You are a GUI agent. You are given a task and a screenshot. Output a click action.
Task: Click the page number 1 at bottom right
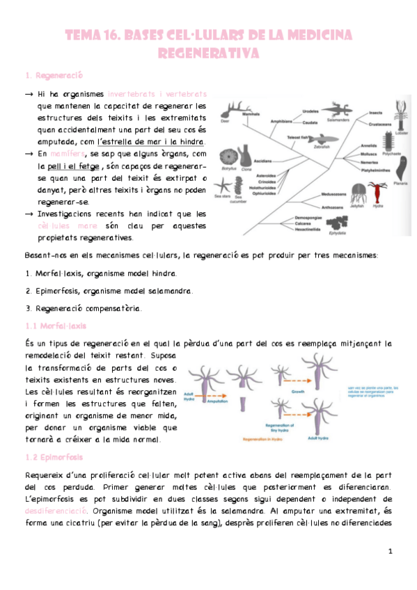(391, 551)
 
